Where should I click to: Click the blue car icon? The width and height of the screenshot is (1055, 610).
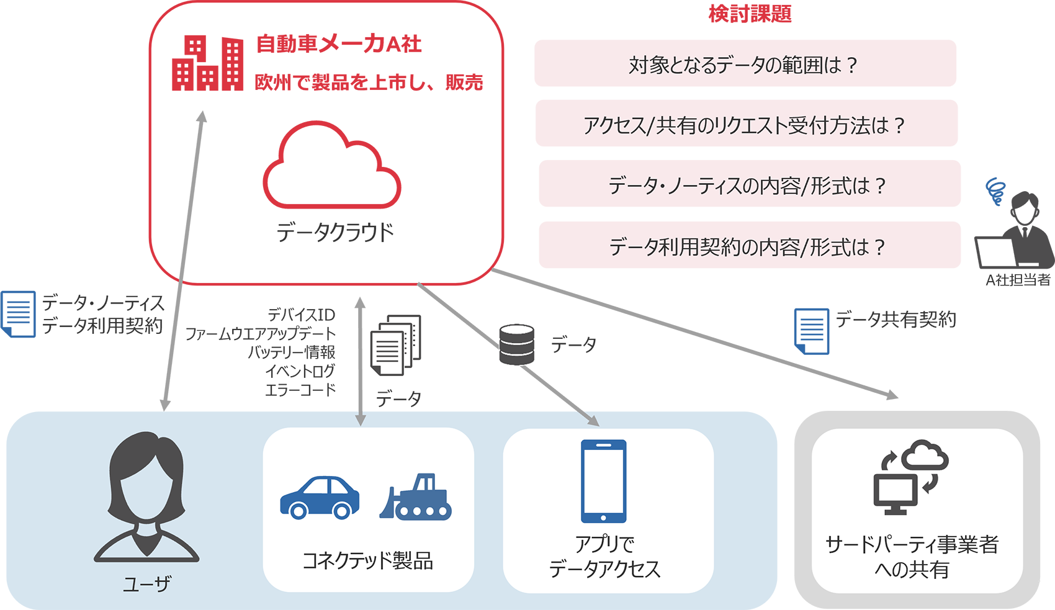(x=320, y=497)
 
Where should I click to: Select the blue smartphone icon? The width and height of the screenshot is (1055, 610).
(x=603, y=482)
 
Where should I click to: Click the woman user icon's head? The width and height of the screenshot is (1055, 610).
(x=146, y=478)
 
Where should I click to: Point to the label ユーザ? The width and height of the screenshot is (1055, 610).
(x=146, y=584)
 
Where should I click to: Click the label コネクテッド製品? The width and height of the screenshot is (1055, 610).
(x=367, y=561)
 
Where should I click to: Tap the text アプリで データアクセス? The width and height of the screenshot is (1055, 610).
(x=604, y=557)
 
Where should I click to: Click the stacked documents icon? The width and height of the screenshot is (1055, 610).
(x=395, y=345)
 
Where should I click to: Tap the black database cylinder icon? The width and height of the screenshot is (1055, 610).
(x=516, y=344)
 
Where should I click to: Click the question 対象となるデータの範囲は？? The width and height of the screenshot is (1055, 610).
(x=743, y=65)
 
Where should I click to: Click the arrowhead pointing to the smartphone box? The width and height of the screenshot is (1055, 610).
(x=593, y=421)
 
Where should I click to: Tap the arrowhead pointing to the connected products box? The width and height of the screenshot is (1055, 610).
(x=360, y=420)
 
